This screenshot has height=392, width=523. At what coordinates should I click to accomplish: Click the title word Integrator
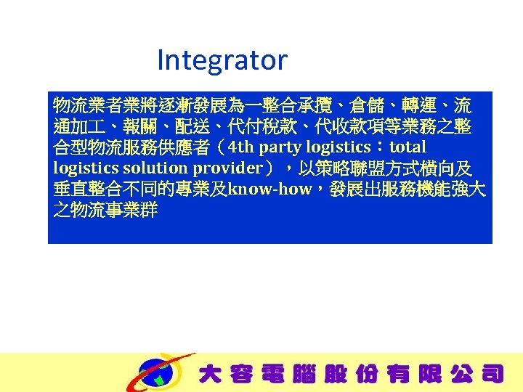coord(222,60)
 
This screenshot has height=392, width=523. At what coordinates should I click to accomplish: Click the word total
coord(409,149)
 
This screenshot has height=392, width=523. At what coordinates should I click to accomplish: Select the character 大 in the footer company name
coord(210,375)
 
